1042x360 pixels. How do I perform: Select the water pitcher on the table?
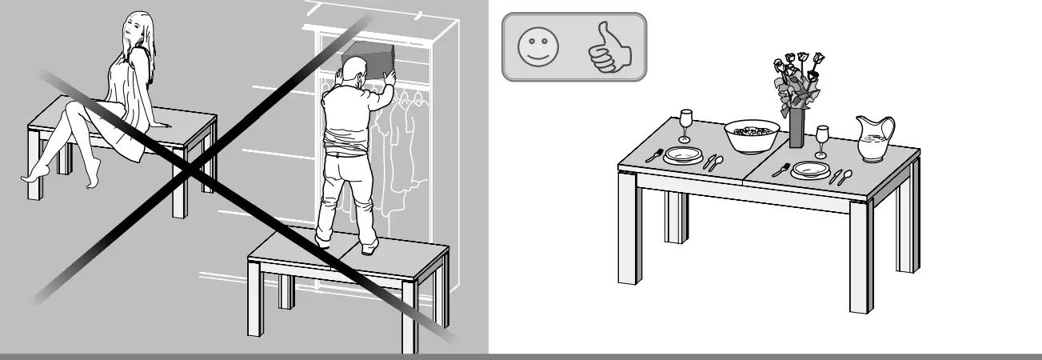tap(872, 139)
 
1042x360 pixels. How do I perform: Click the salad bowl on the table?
tap(752, 136)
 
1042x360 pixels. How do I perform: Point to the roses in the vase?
tap(796, 80)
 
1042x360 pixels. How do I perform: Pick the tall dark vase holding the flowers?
tap(796, 130)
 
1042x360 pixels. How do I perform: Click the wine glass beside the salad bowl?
tap(685, 126)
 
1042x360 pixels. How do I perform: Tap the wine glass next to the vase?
tap(821, 141)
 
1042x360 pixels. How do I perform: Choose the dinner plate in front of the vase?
tap(810, 170)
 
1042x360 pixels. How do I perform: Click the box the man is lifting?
tap(369, 60)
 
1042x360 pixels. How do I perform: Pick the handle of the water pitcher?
tap(888, 128)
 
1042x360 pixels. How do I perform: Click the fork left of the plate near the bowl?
tap(654, 154)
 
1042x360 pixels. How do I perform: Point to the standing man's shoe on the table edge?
tap(369, 249)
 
